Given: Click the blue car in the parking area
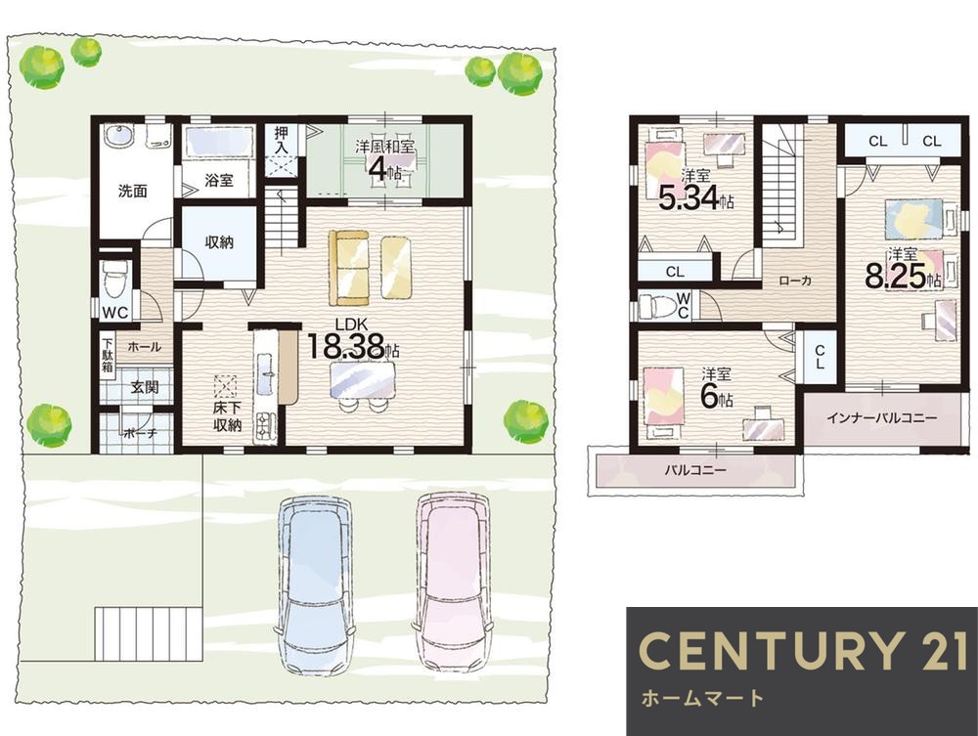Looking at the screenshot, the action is click(315, 585).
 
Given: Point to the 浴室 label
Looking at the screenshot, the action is click(219, 180).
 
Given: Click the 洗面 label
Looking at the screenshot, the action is click(133, 191).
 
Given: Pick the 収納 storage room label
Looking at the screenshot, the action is click(219, 241).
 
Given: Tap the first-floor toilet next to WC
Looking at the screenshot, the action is click(114, 278).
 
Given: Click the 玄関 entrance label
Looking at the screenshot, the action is click(144, 387).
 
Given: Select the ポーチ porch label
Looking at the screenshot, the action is click(140, 433).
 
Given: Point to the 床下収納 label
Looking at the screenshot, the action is click(227, 417).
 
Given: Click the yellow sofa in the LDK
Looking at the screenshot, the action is click(349, 268).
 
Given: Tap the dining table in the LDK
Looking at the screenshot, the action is click(363, 379).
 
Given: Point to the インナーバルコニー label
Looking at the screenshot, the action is click(881, 417).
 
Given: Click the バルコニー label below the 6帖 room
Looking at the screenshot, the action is click(694, 469).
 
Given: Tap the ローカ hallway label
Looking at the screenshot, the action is click(795, 281).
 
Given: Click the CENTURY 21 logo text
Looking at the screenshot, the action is click(803, 651).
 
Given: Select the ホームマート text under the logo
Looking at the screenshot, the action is click(702, 698).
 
